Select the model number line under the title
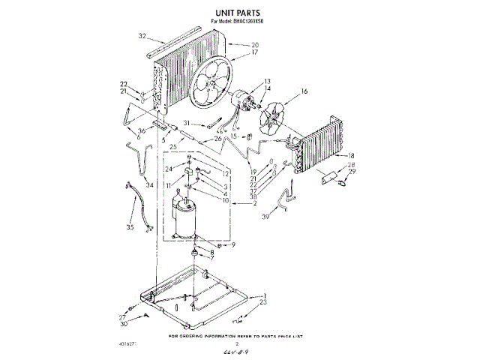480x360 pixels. pyautogui.click(x=238, y=22)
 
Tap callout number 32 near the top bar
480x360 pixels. pyautogui.click(x=142, y=35)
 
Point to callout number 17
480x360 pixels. pyautogui.click(x=234, y=52)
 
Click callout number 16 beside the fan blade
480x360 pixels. pyautogui.click(x=304, y=91)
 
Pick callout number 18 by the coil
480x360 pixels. pyautogui.click(x=349, y=155)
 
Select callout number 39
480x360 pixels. pyautogui.click(x=286, y=217)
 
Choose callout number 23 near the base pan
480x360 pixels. pyautogui.click(x=262, y=302)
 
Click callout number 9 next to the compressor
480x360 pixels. pyautogui.click(x=232, y=245)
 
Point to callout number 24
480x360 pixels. pyautogui.click(x=169, y=169)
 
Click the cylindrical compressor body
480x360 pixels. pyautogui.click(x=184, y=217)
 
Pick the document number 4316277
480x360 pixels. pyautogui.click(x=148, y=344)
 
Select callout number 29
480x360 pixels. pyautogui.click(x=351, y=172)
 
